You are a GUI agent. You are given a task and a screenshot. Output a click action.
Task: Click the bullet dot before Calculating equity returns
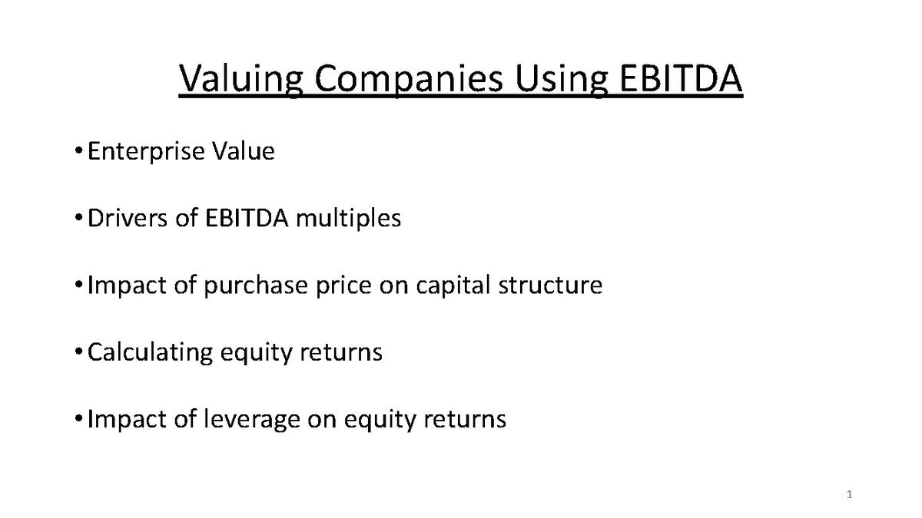click(80, 353)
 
